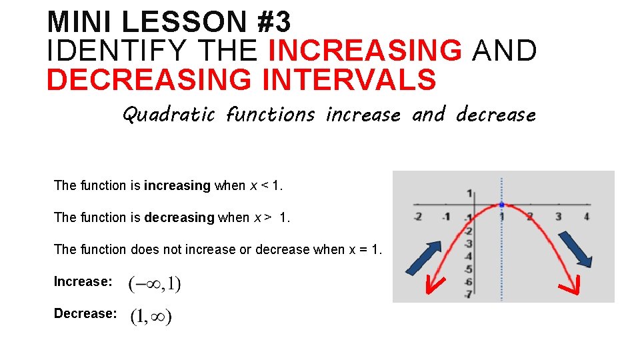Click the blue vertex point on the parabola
tap(501, 205)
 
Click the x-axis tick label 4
tap(586, 216)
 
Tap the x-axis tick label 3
tap(558, 216)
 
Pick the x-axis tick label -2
tap(417, 216)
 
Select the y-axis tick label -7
tap(468, 295)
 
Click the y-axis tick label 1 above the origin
tap(470, 193)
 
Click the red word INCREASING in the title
tap(365, 51)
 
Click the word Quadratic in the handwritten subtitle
tap(169, 115)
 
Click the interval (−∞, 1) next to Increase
tap(154, 284)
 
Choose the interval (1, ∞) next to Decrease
tap(151, 317)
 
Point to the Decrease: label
tap(85, 314)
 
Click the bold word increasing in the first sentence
tap(177, 186)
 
